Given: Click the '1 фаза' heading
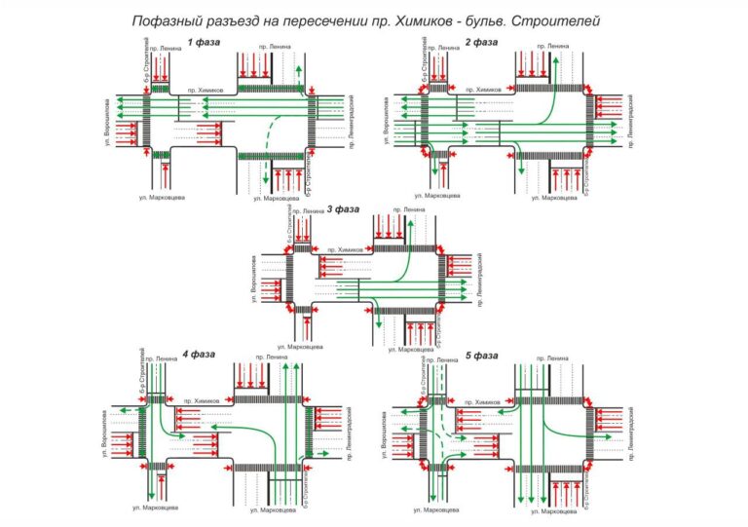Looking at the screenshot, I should tap(204, 41).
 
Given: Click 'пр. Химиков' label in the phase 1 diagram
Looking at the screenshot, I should tap(206, 90).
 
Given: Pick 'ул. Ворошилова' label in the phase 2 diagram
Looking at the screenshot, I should tap(387, 120).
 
